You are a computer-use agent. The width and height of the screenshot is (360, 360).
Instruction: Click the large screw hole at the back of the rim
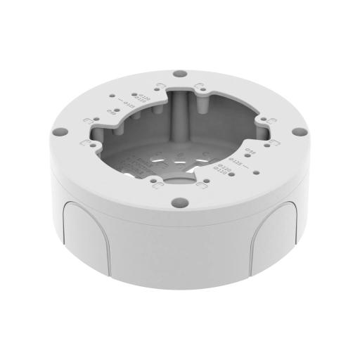pos(181,72)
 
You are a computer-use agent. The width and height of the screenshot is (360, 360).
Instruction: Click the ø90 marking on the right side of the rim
pos(249,149)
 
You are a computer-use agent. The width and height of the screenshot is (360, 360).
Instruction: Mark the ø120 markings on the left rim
pos(141,98)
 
